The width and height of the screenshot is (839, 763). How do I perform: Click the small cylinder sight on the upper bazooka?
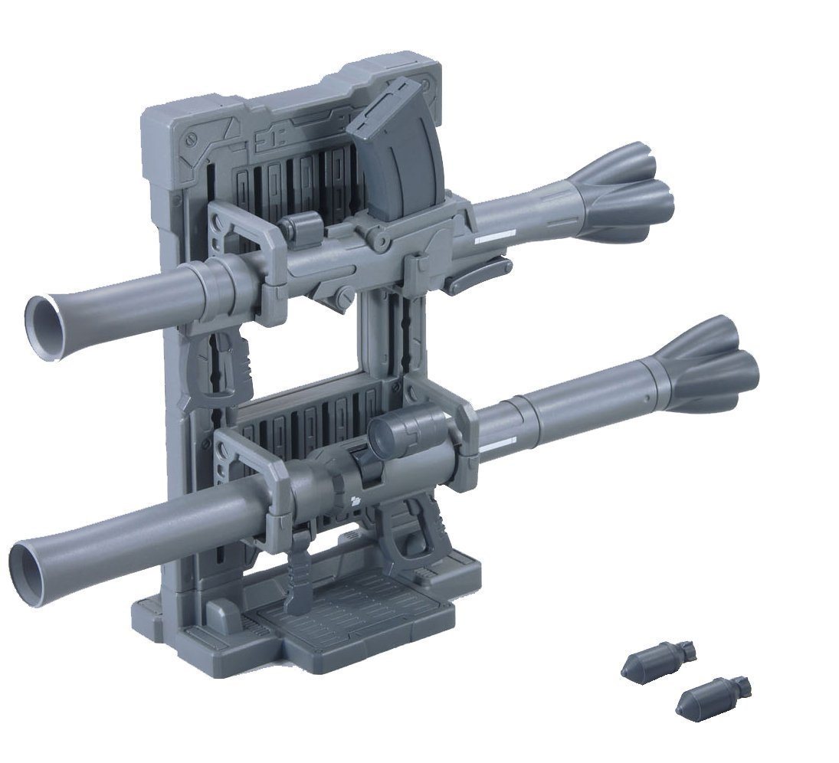(298, 227)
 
